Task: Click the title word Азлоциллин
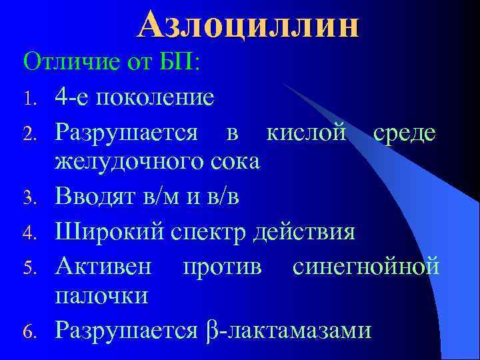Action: click(248, 25)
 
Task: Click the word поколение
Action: click(155, 98)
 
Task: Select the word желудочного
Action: click(131, 162)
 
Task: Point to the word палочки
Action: click(101, 295)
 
